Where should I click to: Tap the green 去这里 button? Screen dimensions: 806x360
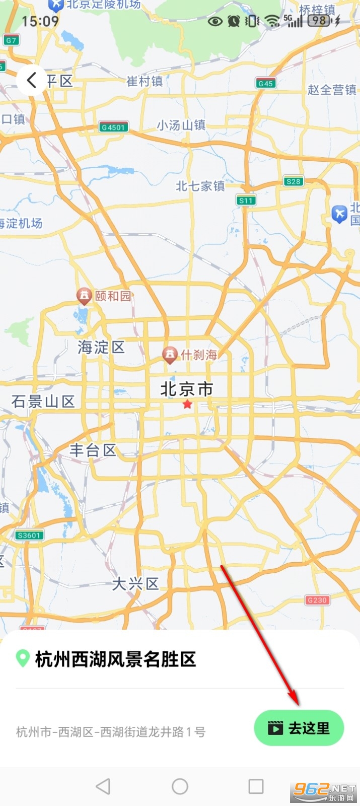(299, 728)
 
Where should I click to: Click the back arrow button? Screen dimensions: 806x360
(32, 80)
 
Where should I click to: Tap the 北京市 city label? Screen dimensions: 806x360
(187, 389)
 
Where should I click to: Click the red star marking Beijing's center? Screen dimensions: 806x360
(187, 404)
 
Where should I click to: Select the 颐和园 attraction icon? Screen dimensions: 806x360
(84, 296)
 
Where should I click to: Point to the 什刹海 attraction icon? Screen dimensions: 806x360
(170, 355)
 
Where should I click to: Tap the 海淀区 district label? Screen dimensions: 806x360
(101, 347)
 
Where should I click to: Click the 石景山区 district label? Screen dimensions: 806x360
(43, 401)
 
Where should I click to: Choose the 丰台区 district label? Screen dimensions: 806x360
(93, 450)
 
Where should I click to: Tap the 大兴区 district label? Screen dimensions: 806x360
(135, 584)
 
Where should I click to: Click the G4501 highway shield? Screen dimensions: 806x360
(113, 127)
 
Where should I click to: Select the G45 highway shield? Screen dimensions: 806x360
(265, 83)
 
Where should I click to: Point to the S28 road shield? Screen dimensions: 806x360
(293, 181)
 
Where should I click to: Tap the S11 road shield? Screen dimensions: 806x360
(246, 200)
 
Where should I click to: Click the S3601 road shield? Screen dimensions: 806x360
(29, 535)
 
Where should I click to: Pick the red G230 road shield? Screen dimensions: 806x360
(317, 600)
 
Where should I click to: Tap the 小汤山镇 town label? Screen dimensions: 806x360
(181, 125)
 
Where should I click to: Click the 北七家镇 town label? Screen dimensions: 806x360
(200, 186)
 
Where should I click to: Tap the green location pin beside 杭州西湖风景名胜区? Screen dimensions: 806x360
(23, 658)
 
